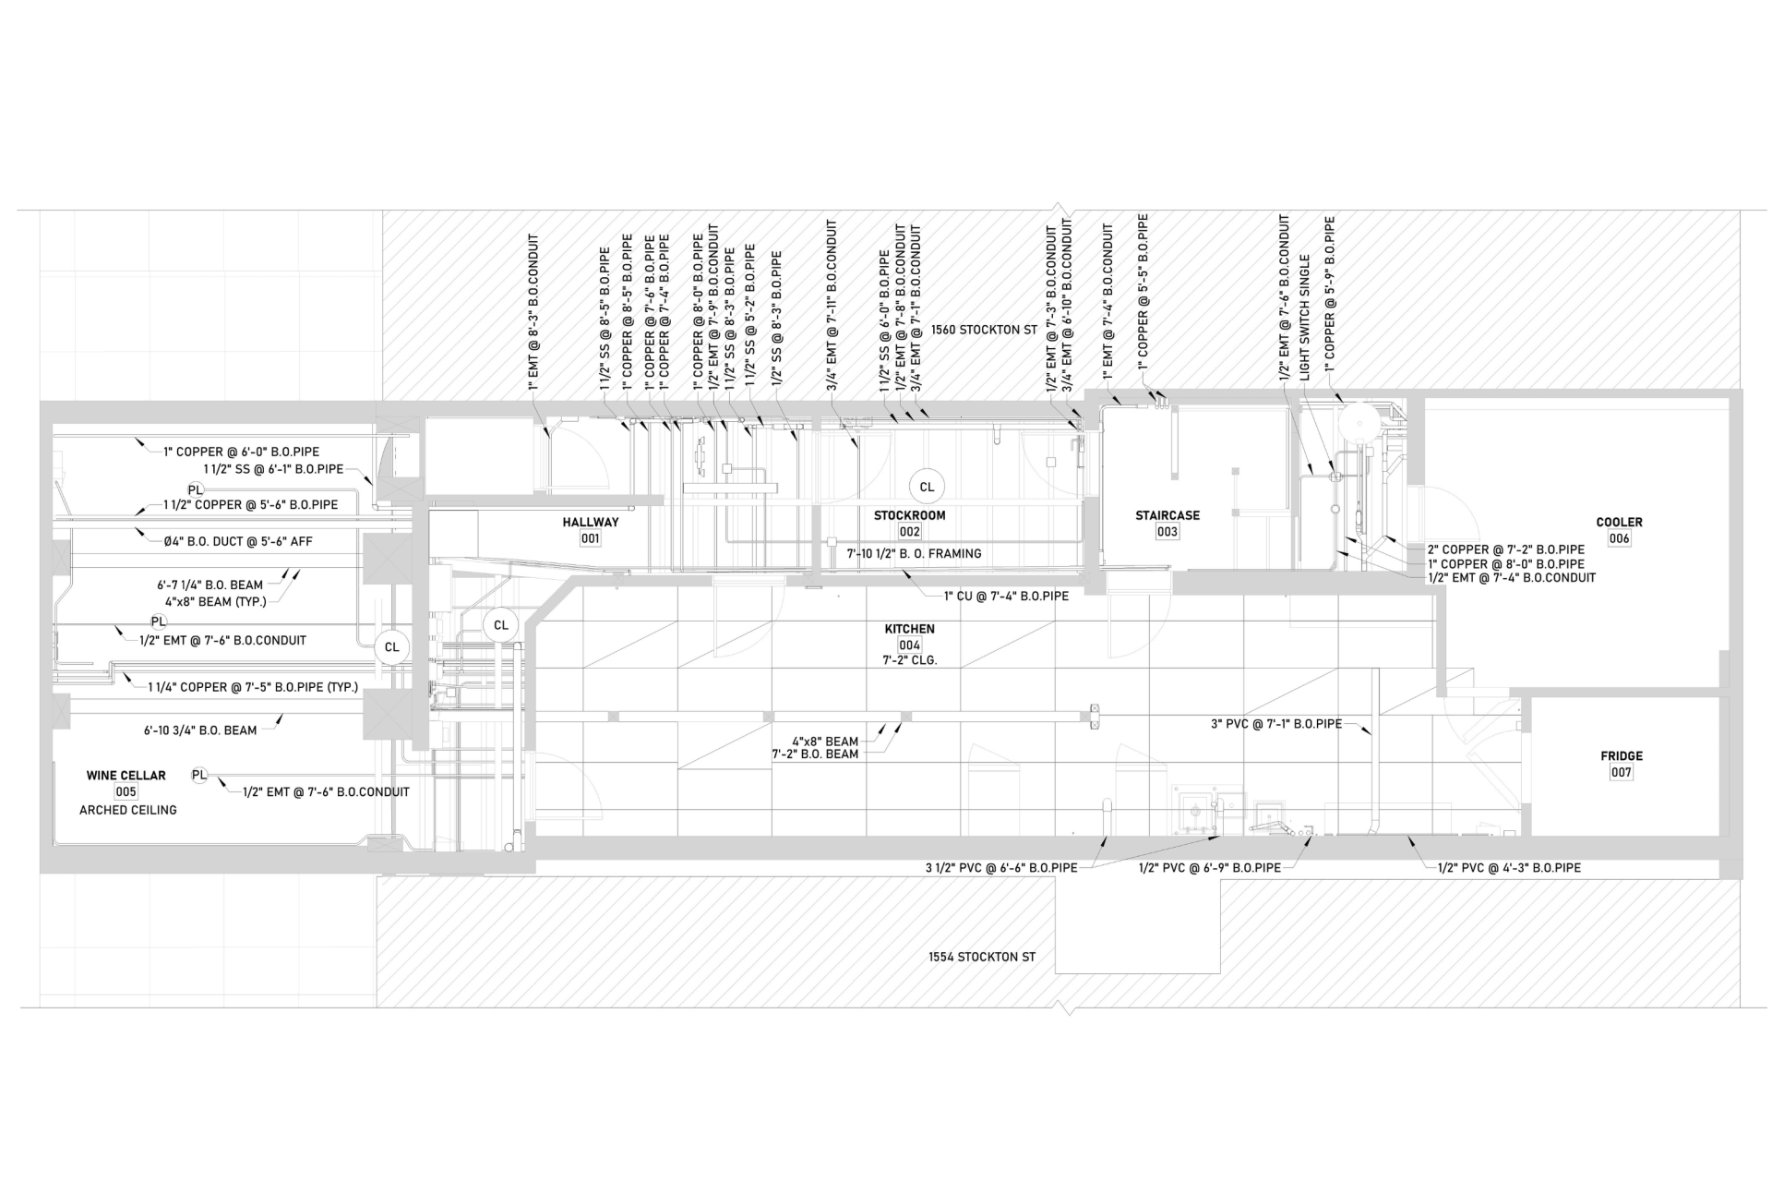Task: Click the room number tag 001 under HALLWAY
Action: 590,538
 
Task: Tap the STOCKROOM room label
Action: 909,515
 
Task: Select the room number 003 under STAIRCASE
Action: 1167,532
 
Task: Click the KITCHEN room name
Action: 909,629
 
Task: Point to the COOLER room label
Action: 1619,522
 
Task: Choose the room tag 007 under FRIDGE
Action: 1621,772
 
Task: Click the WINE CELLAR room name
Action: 126,776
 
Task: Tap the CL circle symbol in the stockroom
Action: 926,487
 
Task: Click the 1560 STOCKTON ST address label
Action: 984,330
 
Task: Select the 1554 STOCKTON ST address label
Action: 981,958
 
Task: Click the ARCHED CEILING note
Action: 127,810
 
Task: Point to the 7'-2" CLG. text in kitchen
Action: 909,661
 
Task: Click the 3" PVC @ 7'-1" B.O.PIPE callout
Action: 1275,724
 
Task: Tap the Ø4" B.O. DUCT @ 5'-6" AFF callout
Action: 238,541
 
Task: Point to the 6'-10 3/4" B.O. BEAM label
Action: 200,730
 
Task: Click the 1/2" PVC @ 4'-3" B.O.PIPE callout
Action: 1509,868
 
